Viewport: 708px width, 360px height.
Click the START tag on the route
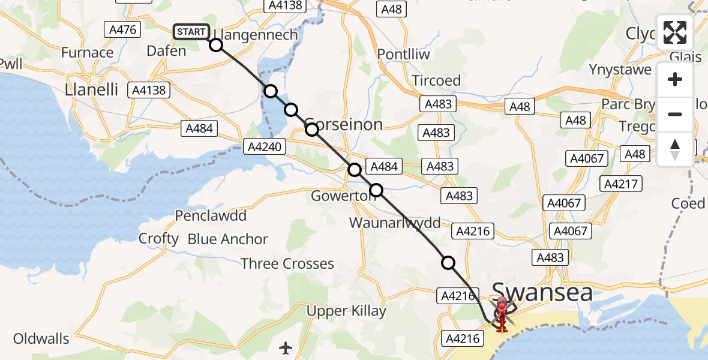(x=191, y=32)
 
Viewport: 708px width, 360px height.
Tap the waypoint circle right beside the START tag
(x=216, y=45)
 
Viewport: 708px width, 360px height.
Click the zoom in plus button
(x=675, y=79)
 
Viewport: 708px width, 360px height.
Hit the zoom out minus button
(x=675, y=114)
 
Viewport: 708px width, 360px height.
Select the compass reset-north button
(x=675, y=149)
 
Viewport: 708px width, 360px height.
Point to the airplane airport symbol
(x=286, y=347)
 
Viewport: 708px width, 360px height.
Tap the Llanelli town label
(x=92, y=91)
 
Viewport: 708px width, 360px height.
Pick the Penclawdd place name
(x=211, y=215)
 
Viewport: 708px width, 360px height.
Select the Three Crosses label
(x=287, y=263)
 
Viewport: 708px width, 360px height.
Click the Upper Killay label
(x=346, y=311)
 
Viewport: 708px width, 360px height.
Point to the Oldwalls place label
(x=41, y=338)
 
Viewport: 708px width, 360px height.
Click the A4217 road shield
(x=622, y=184)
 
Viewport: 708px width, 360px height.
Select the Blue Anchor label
(x=228, y=239)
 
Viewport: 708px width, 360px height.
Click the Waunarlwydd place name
(x=395, y=223)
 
